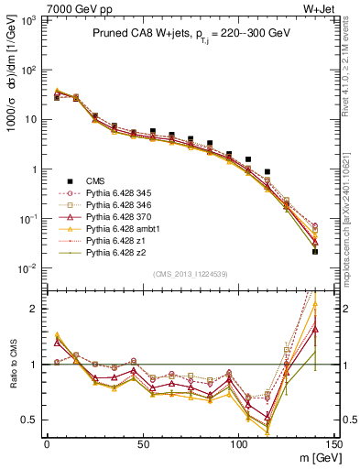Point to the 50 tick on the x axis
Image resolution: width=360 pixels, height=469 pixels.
point(142,443)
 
